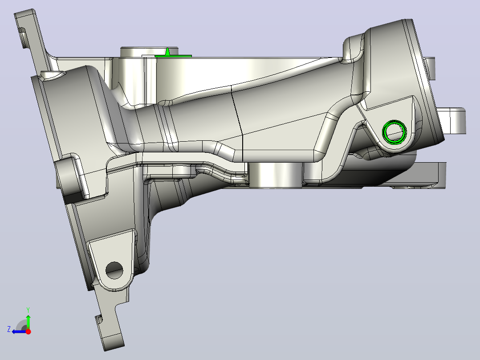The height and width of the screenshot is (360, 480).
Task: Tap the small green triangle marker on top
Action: pyautogui.click(x=167, y=52)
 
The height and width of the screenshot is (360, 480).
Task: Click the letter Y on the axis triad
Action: pyautogui.click(x=28, y=310)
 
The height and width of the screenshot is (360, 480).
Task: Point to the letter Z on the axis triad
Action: pyautogui.click(x=9, y=329)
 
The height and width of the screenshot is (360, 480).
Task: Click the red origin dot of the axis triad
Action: pyautogui.click(x=28, y=331)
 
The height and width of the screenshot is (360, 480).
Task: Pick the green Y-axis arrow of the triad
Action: pyautogui.click(x=28, y=321)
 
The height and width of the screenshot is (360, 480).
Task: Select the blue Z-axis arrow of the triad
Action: pyautogui.click(x=19, y=331)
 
